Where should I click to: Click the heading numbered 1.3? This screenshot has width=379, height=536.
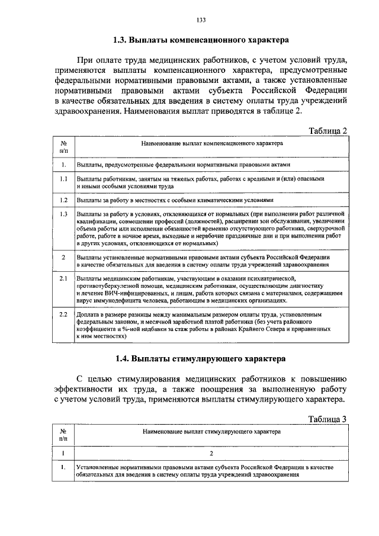[201, 41]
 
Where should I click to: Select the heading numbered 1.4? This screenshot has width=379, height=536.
[201, 358]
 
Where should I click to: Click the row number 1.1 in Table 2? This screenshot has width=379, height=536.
[63, 178]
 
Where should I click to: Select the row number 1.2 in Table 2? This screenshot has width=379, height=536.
[63, 200]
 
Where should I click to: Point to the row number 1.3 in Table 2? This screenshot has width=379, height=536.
[63, 213]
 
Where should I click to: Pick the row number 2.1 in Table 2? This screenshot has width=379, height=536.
[63, 277]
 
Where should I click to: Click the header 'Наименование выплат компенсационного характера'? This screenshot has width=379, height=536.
[212, 144]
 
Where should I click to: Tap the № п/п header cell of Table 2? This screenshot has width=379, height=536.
[63, 147]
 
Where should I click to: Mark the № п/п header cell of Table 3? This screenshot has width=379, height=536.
[63, 435]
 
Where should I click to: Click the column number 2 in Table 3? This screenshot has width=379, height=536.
[212, 454]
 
